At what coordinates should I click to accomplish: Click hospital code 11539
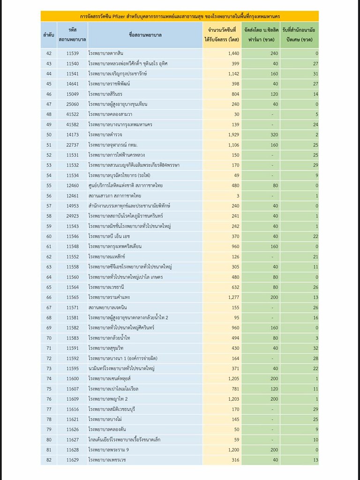(x=73, y=54)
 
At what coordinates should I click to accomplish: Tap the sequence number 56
(x=49, y=195)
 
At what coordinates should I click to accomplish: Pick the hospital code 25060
(x=73, y=104)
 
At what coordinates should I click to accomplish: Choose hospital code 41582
(x=73, y=124)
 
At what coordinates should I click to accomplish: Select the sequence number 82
(x=49, y=460)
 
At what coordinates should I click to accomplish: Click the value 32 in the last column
(x=315, y=348)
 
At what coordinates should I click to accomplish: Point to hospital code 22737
(x=73, y=144)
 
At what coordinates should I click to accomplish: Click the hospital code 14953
(x=73, y=206)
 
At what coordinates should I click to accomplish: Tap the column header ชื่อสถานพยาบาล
(x=145, y=35)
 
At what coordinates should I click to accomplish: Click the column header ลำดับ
(x=49, y=35)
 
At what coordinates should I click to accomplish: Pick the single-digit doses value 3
(x=238, y=195)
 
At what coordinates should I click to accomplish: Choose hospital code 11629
(x=73, y=460)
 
